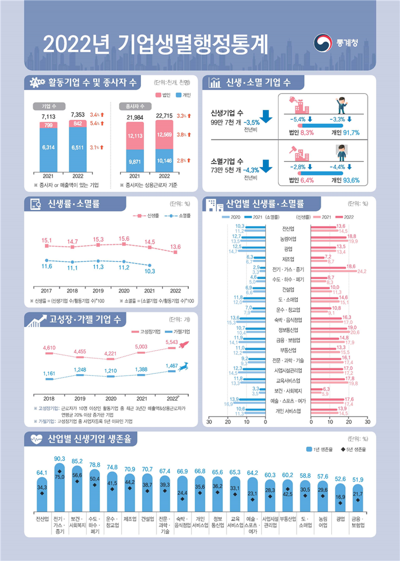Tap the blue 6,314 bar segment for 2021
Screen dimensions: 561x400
(x=48, y=148)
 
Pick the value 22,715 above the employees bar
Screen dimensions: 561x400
(x=164, y=115)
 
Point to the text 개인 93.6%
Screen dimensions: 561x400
(x=345, y=180)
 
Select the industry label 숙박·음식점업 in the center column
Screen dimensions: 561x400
(x=288, y=319)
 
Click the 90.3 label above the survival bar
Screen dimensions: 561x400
(x=59, y=458)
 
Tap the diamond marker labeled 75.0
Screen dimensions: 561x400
(x=59, y=471)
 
